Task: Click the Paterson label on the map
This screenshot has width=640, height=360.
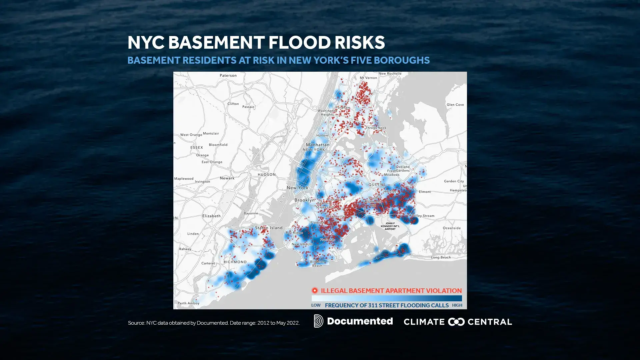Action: [228, 75]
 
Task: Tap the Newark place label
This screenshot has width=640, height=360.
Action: [227, 178]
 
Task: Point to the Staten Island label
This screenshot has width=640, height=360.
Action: [269, 228]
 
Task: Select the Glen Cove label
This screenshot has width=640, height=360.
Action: [455, 105]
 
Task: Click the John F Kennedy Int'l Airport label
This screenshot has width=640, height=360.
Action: [390, 226]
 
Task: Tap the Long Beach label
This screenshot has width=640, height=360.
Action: [441, 257]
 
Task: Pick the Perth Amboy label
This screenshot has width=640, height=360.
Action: [188, 303]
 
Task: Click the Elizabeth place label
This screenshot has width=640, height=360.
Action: [211, 216]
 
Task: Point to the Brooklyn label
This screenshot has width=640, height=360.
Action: [304, 200]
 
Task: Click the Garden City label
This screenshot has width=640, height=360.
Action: [454, 181]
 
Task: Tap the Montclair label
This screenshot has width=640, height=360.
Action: [211, 133]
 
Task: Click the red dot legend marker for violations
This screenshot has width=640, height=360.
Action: [314, 290]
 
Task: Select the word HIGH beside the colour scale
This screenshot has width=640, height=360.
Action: [457, 305]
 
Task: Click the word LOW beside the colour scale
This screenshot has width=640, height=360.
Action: [316, 305]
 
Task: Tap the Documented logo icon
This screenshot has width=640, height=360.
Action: [318, 321]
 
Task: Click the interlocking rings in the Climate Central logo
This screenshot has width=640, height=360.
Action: [456, 322]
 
